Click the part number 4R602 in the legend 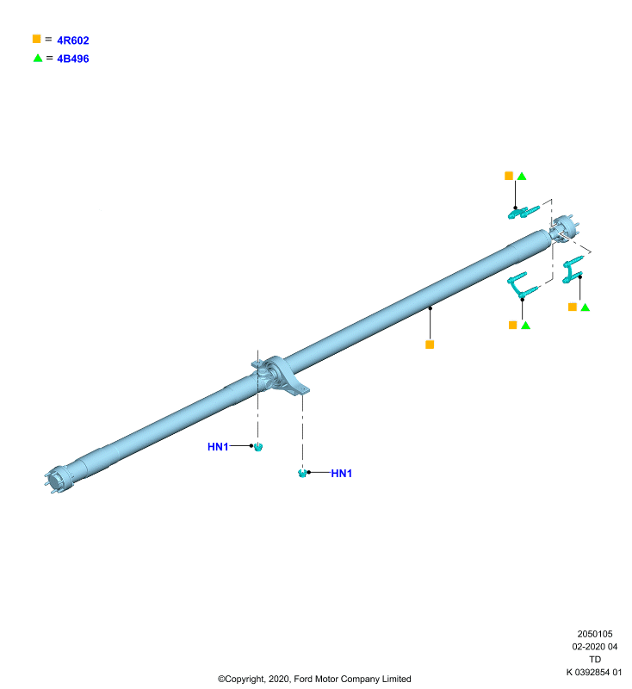pyautogui.click(x=73, y=40)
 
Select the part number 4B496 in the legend pyautogui.click(x=73, y=59)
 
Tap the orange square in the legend pyautogui.click(x=36, y=39)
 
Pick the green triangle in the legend pyautogui.click(x=38, y=58)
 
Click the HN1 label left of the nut pyautogui.click(x=218, y=446)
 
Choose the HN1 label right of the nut pyautogui.click(x=341, y=473)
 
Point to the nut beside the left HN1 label pyautogui.click(x=258, y=447)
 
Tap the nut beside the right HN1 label pyautogui.click(x=302, y=473)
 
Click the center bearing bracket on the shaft pyautogui.click(x=281, y=376)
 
